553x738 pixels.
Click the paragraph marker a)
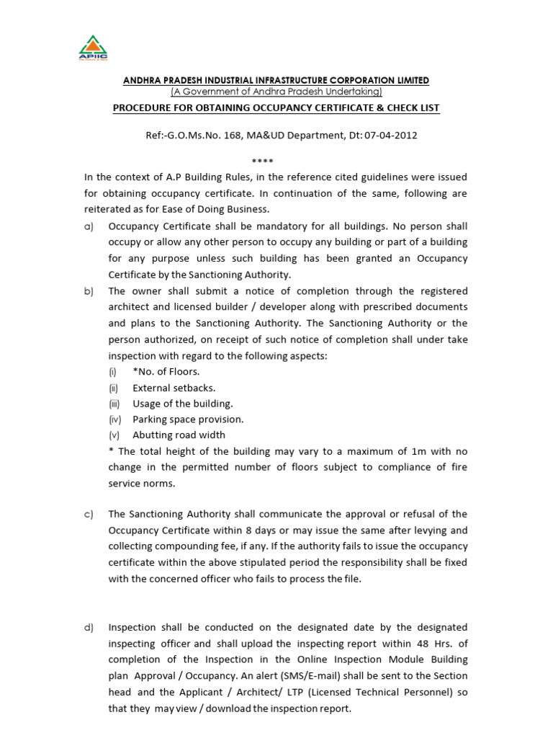(x=89, y=226)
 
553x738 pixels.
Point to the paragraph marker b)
(x=89, y=291)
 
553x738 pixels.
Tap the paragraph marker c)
(x=89, y=514)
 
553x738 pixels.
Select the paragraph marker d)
(x=89, y=627)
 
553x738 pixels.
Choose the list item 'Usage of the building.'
(x=182, y=404)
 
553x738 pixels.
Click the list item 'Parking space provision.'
(x=188, y=419)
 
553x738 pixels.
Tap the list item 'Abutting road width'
(x=179, y=435)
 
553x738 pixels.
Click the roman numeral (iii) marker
(x=114, y=404)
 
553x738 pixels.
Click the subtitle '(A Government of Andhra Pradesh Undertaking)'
(x=276, y=92)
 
